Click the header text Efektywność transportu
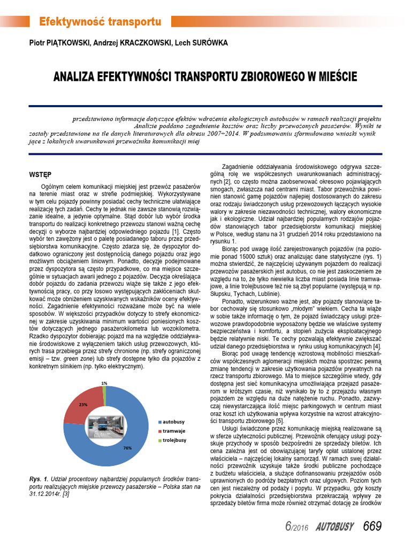(100, 22)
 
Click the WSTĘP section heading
(40, 174)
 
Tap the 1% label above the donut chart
(104, 383)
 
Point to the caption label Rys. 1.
(39, 478)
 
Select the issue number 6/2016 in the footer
(295, 526)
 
